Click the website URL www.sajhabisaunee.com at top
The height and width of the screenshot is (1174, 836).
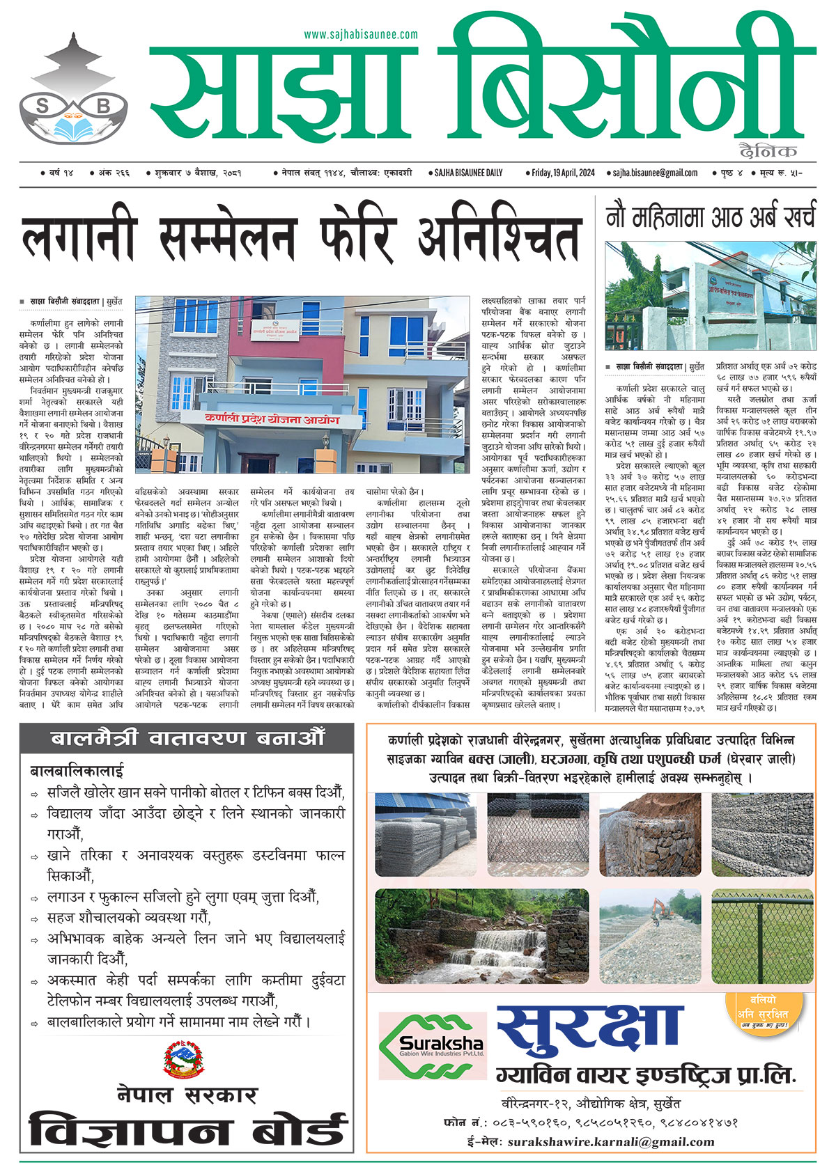(x=361, y=34)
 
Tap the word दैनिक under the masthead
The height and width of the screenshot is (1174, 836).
(x=768, y=150)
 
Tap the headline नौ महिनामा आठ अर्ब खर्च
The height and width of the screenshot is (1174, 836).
(x=710, y=219)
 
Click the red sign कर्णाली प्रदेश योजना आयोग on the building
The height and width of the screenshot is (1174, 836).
(x=272, y=421)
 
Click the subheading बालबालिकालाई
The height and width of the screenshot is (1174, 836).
(x=77, y=771)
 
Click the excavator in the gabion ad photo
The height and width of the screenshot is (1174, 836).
(x=657, y=909)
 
